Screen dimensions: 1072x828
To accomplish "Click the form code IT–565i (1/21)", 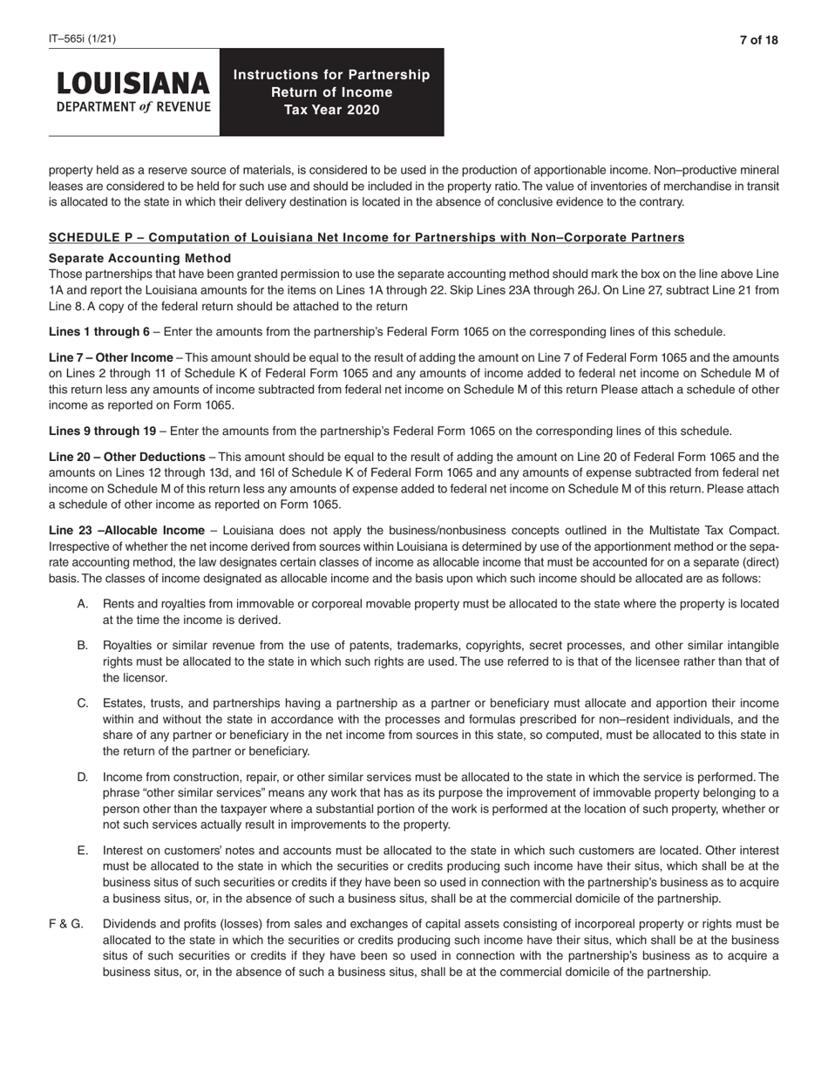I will click(82, 39).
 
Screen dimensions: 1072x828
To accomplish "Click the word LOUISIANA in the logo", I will click(133, 84).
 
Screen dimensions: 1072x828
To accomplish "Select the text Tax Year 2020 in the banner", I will click(331, 110).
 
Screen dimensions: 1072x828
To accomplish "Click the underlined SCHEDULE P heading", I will click(366, 237).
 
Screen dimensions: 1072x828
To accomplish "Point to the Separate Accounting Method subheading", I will click(139, 258).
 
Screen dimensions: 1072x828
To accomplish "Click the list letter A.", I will click(83, 603).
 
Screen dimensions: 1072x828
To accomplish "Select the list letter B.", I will click(83, 645).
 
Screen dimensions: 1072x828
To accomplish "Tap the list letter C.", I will click(83, 702).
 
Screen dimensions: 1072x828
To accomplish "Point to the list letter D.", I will click(83, 776).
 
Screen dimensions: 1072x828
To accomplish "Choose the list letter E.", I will click(83, 849).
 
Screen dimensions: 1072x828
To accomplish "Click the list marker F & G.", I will click(66, 923).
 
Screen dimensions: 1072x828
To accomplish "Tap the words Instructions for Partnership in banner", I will click(331, 74).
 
